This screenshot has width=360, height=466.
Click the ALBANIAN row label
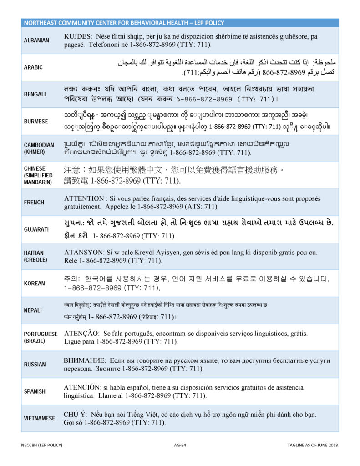(x=36, y=41)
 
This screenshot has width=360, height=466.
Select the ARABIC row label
(x=33, y=67)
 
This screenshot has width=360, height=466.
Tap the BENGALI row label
(x=35, y=94)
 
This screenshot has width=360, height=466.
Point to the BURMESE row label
(x=35, y=122)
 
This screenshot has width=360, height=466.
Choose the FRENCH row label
(x=34, y=203)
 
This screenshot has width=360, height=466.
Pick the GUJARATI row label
(x=36, y=229)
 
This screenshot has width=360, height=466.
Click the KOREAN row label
(x=35, y=284)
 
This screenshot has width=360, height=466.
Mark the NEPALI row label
(x=33, y=310)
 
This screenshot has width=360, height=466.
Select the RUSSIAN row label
(x=35, y=365)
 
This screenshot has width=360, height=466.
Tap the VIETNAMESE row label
(x=40, y=419)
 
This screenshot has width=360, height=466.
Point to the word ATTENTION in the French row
(x=85, y=199)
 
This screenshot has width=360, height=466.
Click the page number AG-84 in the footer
(x=181, y=445)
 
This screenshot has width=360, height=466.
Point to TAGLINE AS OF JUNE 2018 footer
(x=312, y=445)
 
